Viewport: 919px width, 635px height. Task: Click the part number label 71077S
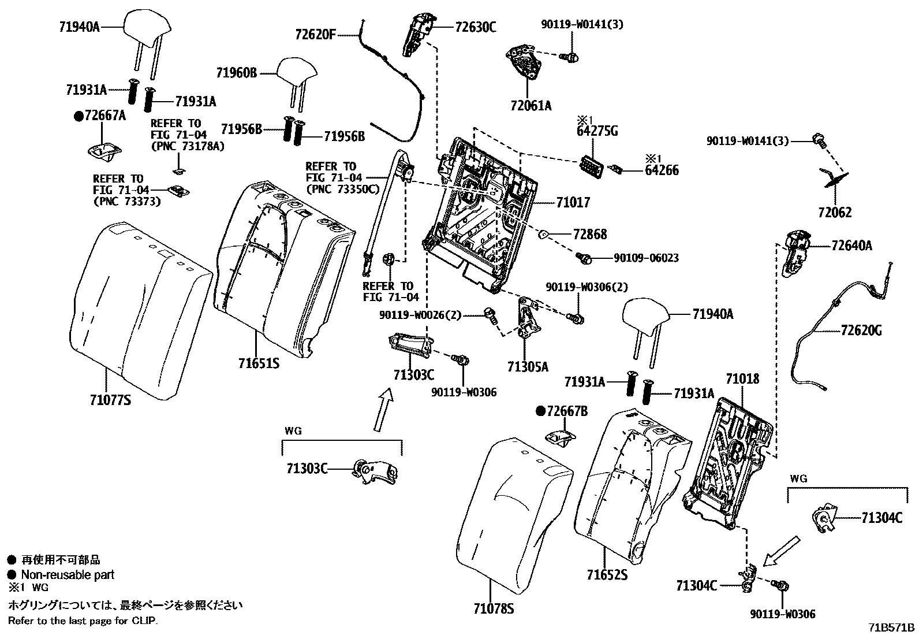coord(110,399)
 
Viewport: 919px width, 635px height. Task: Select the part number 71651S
coord(259,363)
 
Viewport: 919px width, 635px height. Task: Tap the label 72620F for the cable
coord(315,35)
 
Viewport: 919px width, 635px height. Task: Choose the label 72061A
coord(531,106)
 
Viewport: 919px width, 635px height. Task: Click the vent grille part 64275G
coord(591,163)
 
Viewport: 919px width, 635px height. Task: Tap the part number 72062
coord(834,213)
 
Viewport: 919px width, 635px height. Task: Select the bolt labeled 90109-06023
coord(584,258)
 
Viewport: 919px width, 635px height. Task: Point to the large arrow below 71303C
coord(382,410)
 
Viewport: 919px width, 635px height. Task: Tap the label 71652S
coord(607,575)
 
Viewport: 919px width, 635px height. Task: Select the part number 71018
coord(742,380)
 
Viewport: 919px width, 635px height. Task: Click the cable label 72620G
coord(861,331)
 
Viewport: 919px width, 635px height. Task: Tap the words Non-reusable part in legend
coord(68,575)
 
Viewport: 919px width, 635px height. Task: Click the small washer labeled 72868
coord(544,234)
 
